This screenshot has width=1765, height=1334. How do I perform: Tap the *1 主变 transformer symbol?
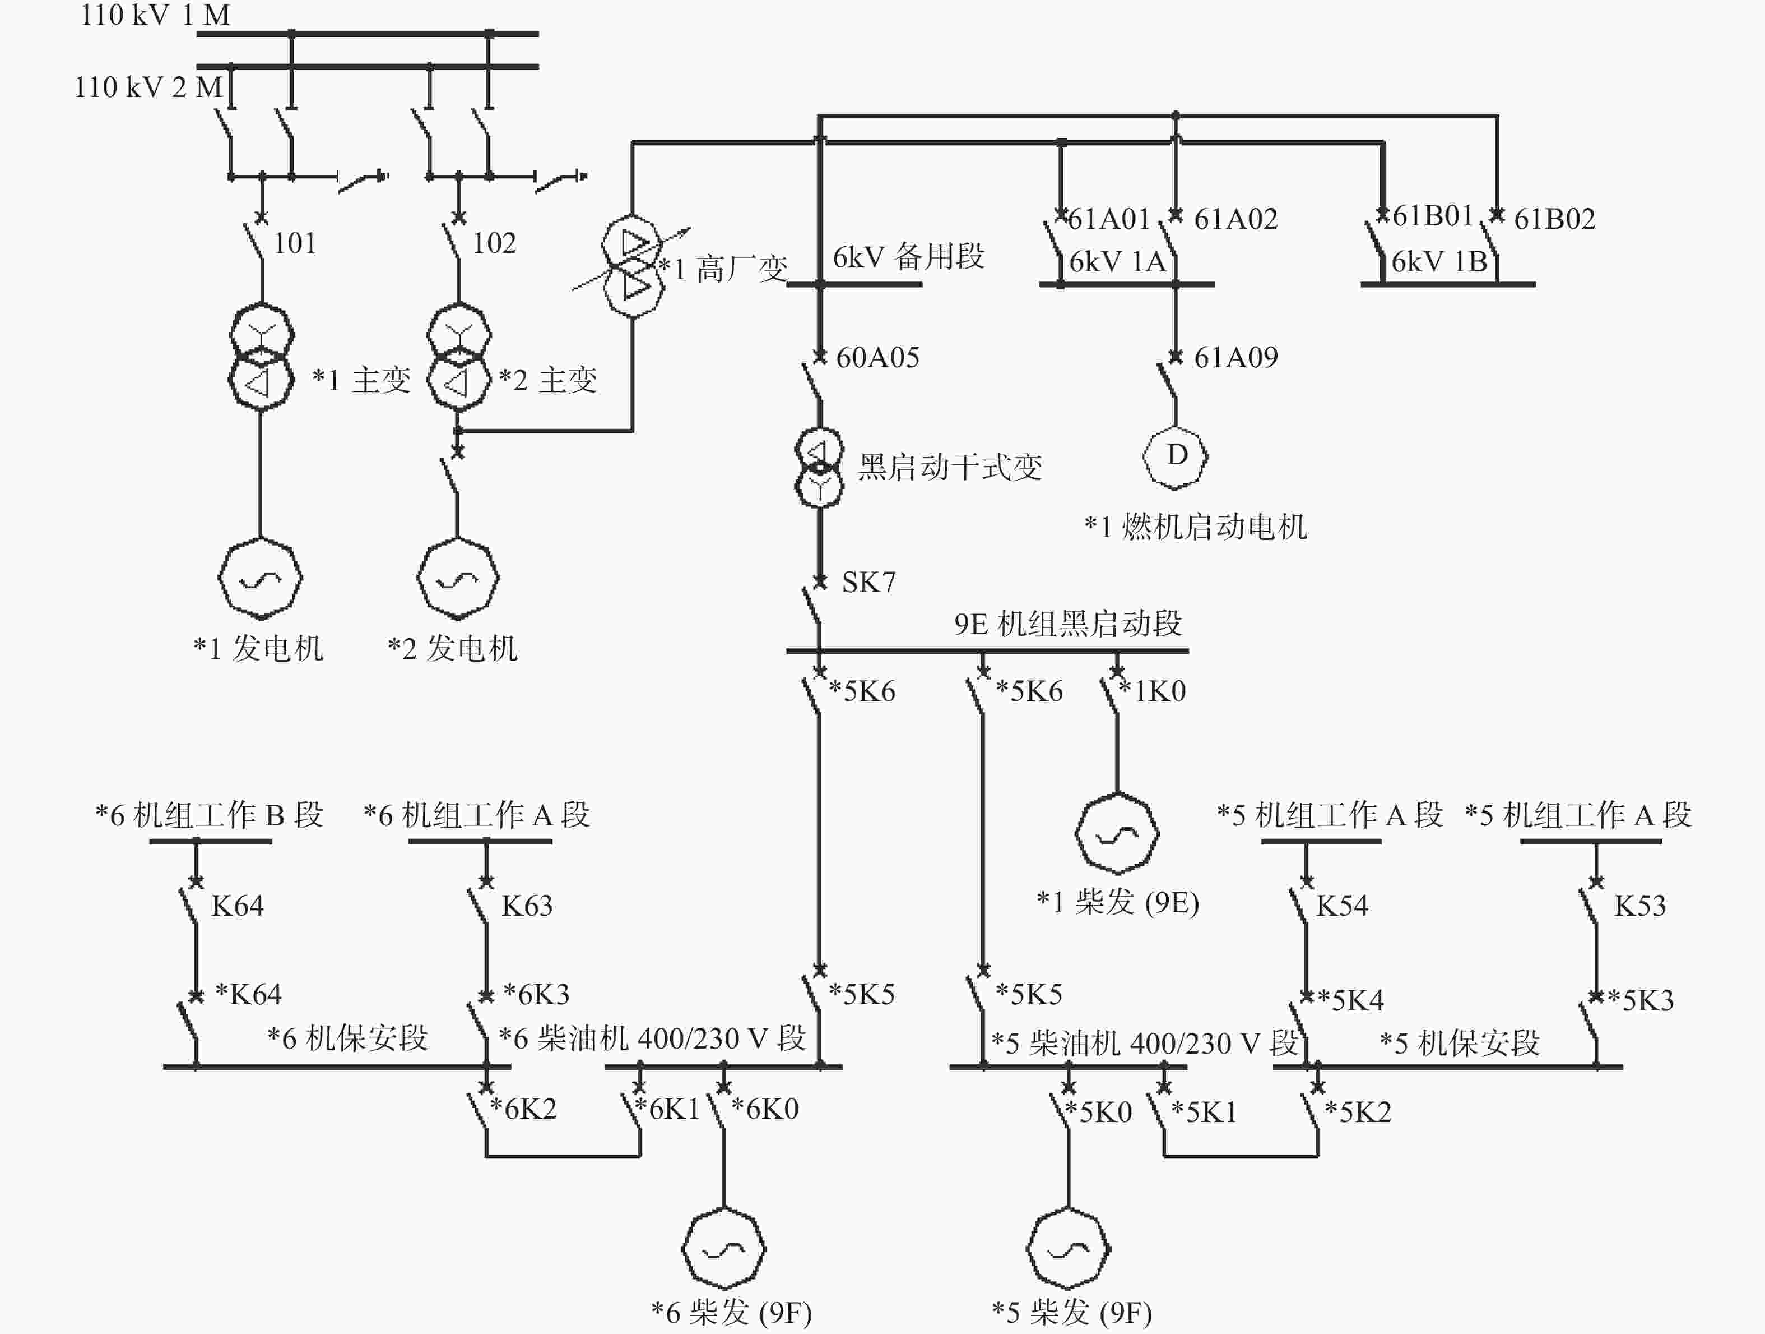tap(262, 357)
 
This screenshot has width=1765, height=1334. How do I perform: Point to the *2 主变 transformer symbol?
tap(459, 357)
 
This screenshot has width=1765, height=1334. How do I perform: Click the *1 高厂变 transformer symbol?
tap(633, 266)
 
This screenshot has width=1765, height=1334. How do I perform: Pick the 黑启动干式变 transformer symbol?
tap(819, 468)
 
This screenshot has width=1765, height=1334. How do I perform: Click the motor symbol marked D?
tap(1176, 456)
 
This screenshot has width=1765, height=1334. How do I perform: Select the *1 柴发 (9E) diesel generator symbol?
tap(1117, 833)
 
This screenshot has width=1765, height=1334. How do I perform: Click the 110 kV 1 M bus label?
tap(156, 15)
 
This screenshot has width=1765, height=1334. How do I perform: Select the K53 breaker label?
tap(1639, 906)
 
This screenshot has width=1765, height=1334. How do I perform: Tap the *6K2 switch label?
tap(523, 1109)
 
